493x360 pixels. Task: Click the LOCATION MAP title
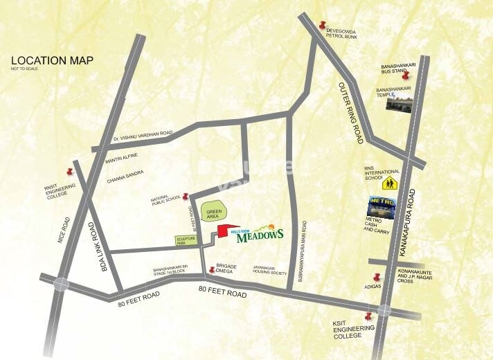[52, 60]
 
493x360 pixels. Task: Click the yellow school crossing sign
[390, 183]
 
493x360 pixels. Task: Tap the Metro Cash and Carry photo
[381, 207]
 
